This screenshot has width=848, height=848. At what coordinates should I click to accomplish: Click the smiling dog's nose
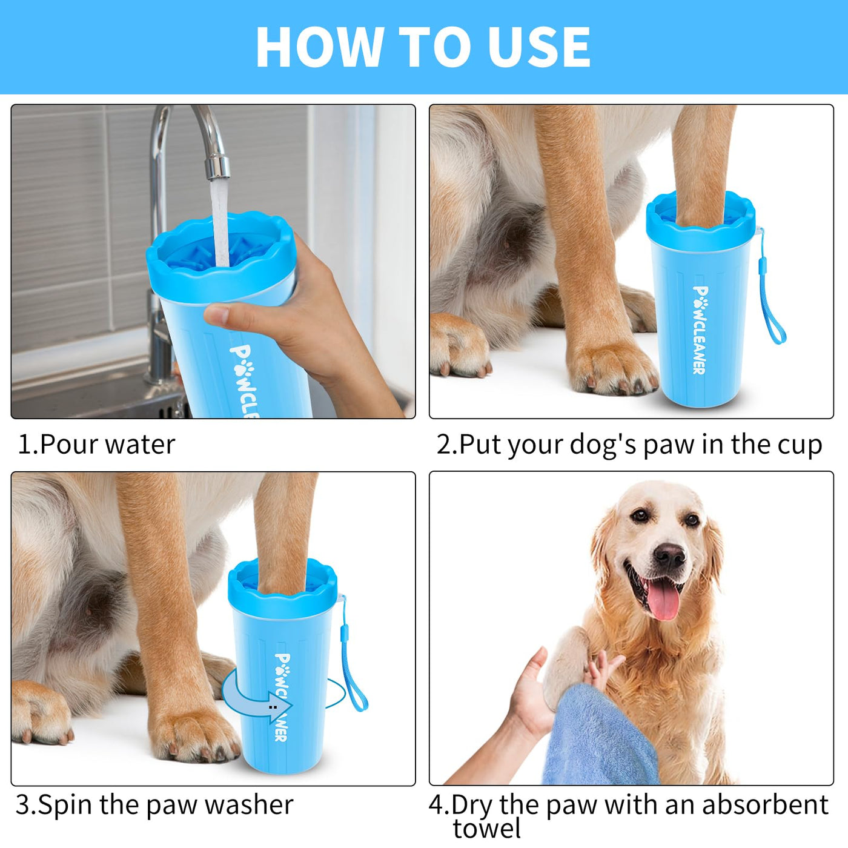(669, 556)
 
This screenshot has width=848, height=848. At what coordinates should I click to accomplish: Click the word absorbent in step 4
(765, 805)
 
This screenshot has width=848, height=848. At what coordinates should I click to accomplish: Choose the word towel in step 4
(487, 829)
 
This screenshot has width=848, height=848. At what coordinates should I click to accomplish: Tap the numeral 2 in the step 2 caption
(443, 445)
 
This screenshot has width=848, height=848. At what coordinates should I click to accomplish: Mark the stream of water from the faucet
(220, 222)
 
